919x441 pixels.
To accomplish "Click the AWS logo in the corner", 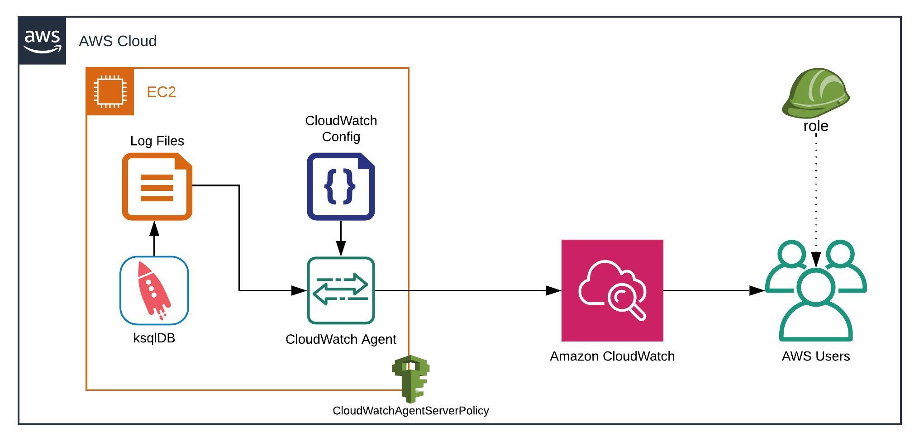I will coord(42,41).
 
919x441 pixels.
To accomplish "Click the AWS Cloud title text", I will coord(118,41).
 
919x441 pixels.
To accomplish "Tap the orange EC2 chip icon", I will coord(110,92).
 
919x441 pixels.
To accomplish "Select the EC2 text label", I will coord(161,92).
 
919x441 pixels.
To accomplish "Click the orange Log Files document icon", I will coord(157,187).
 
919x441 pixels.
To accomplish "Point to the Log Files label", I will coord(157,141).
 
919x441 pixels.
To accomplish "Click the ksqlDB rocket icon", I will coord(154,291).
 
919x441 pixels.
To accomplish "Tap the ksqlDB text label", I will coord(154,338).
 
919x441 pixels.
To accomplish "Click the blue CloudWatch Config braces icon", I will coord(341,187).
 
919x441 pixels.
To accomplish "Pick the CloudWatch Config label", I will coord(341,128).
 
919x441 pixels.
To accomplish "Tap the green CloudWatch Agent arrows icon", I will coord(341,291).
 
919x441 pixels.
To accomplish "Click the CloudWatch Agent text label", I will coord(341,339).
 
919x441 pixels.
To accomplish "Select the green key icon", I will coord(411,379).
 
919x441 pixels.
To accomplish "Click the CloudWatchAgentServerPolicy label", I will coord(411,411).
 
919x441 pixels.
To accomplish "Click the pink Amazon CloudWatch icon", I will coord(612,291).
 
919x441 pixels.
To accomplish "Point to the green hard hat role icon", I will coord(815,93).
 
